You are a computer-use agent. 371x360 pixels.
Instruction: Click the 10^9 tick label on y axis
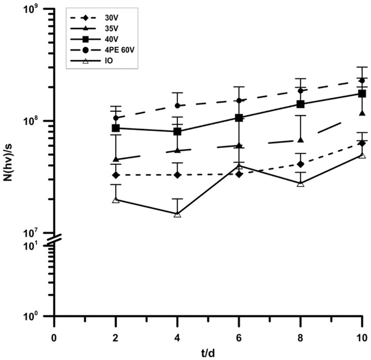tap(40, 9)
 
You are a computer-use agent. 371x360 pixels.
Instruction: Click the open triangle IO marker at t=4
tap(177, 214)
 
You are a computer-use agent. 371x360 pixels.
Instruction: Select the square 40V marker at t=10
tap(362, 93)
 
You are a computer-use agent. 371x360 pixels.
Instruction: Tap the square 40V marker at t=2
tap(116, 128)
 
